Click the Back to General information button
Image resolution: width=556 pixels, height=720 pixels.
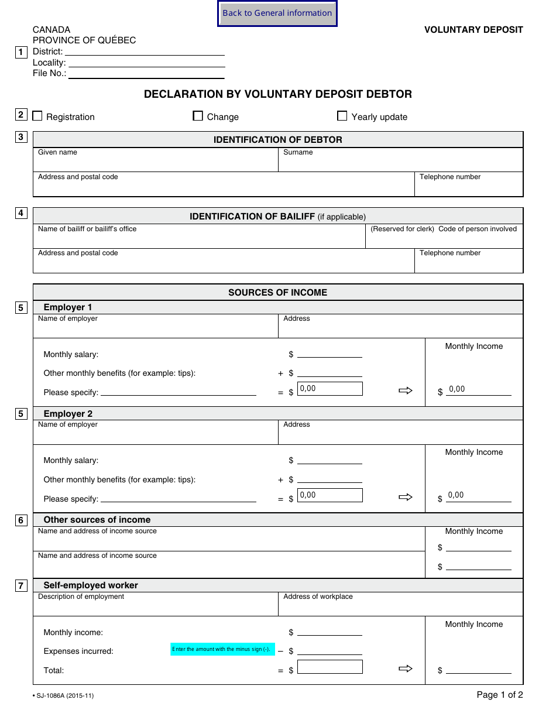coord(277,13)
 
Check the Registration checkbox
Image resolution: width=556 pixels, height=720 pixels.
coord(37,116)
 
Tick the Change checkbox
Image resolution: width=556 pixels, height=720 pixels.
coord(198,116)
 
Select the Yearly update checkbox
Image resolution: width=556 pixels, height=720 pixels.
coord(342,116)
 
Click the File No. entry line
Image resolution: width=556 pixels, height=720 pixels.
coord(146,74)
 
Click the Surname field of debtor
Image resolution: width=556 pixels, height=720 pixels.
coord(400,163)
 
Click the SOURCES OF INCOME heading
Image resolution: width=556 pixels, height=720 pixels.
coord(277,293)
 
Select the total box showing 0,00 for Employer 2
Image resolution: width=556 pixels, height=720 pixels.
coord(330,495)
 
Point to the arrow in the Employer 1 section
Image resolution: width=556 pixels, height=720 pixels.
coord(406,390)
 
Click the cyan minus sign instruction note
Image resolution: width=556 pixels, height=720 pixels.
coord(222,649)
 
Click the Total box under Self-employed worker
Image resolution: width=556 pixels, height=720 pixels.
coord(330,667)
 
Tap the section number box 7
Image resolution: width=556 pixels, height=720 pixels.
coord(21,585)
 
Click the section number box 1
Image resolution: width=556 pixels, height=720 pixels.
coord(21,52)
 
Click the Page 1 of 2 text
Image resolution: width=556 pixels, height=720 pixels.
coord(500,695)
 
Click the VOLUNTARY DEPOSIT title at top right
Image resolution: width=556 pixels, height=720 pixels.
coord(473,30)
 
